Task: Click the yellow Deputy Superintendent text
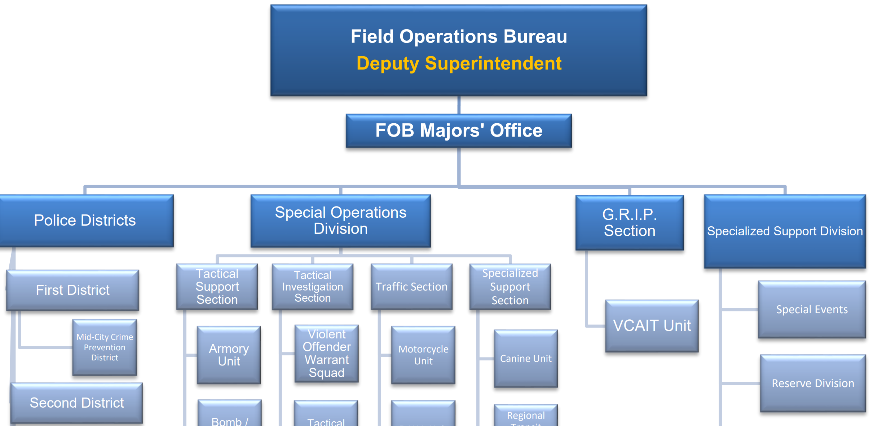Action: click(459, 63)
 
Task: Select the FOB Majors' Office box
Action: click(459, 130)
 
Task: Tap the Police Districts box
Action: click(85, 221)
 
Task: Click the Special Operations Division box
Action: click(340, 221)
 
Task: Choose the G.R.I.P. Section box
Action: click(630, 222)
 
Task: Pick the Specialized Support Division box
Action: click(785, 231)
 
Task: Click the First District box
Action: click(72, 290)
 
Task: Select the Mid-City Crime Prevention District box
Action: click(105, 347)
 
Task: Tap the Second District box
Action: click(76, 403)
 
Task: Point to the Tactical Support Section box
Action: click(217, 287)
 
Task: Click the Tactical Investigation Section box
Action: click(312, 287)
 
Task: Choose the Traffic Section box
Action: click(411, 287)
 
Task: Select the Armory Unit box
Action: click(229, 355)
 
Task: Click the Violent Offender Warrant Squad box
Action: click(326, 354)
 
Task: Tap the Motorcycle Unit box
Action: click(423, 355)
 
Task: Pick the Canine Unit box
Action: click(526, 359)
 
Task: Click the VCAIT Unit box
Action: click(652, 326)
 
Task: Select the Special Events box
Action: click(812, 310)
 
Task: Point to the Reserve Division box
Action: click(813, 383)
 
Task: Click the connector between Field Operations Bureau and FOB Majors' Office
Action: click(459, 105)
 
